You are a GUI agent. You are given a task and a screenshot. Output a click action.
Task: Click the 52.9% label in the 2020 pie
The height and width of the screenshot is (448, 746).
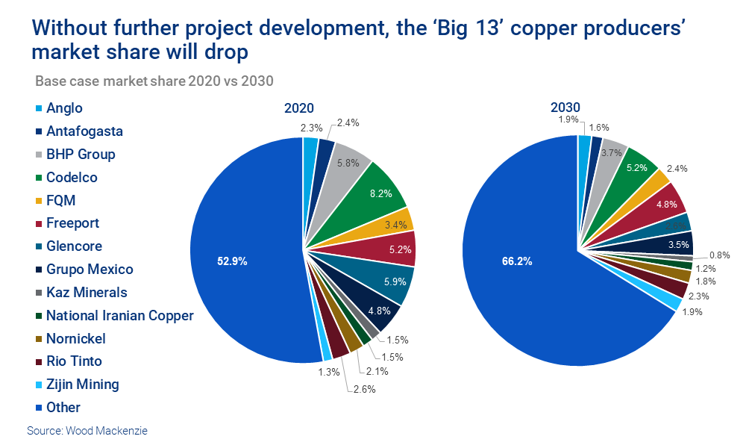[x=231, y=261]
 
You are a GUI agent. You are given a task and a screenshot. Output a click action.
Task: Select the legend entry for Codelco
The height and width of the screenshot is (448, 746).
[x=72, y=178]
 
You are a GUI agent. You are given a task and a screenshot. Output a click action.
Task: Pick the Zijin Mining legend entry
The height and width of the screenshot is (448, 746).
[x=82, y=385]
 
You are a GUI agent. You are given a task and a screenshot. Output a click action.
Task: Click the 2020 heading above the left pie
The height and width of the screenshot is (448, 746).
[x=298, y=108]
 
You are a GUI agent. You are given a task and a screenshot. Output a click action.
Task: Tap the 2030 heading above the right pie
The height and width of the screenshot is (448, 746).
[x=565, y=108]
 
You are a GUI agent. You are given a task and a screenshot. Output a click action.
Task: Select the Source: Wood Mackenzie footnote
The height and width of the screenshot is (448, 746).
[x=83, y=431]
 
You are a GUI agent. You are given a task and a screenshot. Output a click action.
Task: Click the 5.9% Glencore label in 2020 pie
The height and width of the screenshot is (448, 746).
[x=391, y=283]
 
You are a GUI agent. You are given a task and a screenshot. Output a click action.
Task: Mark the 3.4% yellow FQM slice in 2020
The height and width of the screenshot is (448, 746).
[x=395, y=223]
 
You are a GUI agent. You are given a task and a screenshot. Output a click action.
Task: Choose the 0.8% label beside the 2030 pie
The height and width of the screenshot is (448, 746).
[x=719, y=255]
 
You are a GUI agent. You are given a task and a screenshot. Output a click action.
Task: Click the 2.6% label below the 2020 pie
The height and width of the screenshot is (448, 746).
[x=363, y=388]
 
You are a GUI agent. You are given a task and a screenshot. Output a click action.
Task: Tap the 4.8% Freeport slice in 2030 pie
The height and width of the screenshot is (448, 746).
[x=665, y=204]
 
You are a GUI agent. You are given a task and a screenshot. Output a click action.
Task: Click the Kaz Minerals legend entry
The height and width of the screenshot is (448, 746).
[x=87, y=292]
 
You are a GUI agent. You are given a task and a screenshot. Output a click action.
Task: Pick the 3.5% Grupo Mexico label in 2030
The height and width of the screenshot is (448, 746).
[x=677, y=243]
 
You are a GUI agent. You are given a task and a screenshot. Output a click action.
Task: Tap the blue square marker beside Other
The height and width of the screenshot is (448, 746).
[x=38, y=408]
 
